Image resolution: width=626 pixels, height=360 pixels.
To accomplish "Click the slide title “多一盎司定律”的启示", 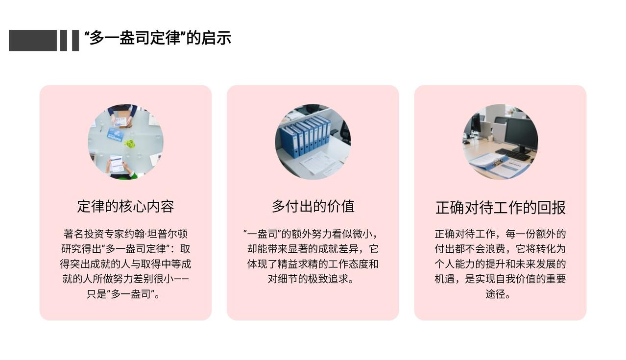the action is click(x=158, y=38).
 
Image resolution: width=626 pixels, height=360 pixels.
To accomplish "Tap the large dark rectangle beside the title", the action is click(x=33, y=41).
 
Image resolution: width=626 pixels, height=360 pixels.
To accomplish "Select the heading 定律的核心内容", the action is click(x=125, y=206).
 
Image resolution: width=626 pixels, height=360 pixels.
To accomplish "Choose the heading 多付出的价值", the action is click(x=313, y=206).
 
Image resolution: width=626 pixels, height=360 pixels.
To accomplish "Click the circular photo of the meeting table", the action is click(x=125, y=142).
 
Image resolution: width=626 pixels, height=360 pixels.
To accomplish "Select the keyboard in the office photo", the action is click(x=513, y=154).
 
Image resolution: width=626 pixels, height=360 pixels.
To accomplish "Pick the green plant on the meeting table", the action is click(x=130, y=144).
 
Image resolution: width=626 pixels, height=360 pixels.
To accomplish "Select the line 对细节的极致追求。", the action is click(x=311, y=279).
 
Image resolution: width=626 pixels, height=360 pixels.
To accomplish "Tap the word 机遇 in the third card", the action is click(x=445, y=279).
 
